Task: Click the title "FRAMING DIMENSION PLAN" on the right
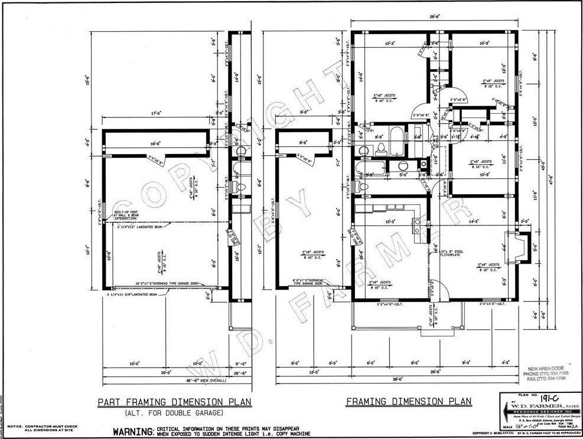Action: click(x=409, y=402)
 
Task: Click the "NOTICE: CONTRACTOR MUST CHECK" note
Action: click(x=37, y=425)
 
